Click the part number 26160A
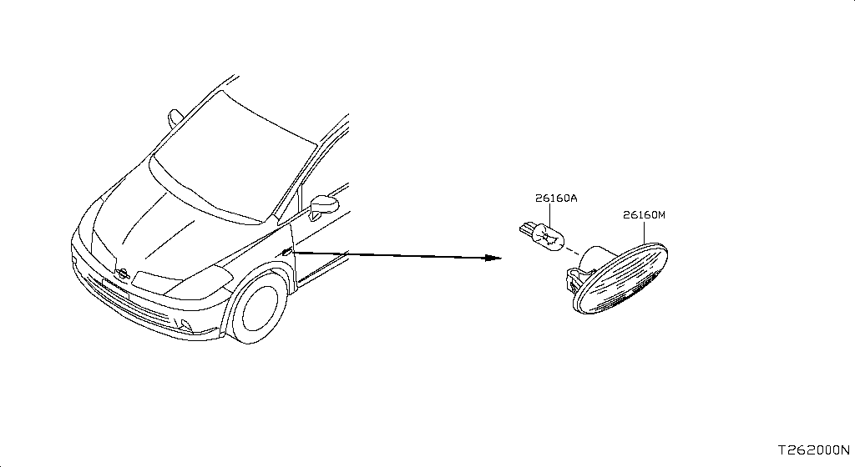coord(555,198)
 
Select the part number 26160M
coord(644,215)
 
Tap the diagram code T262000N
coord(813,450)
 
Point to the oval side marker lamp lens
coord(622,279)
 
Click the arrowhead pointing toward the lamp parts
coord(493,258)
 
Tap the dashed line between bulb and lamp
coord(573,252)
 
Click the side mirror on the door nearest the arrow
coord(323,206)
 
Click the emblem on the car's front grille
coord(122,274)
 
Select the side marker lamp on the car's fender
coord(287,252)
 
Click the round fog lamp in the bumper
coord(186,325)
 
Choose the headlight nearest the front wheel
coord(183,283)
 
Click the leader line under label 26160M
coord(644,232)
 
